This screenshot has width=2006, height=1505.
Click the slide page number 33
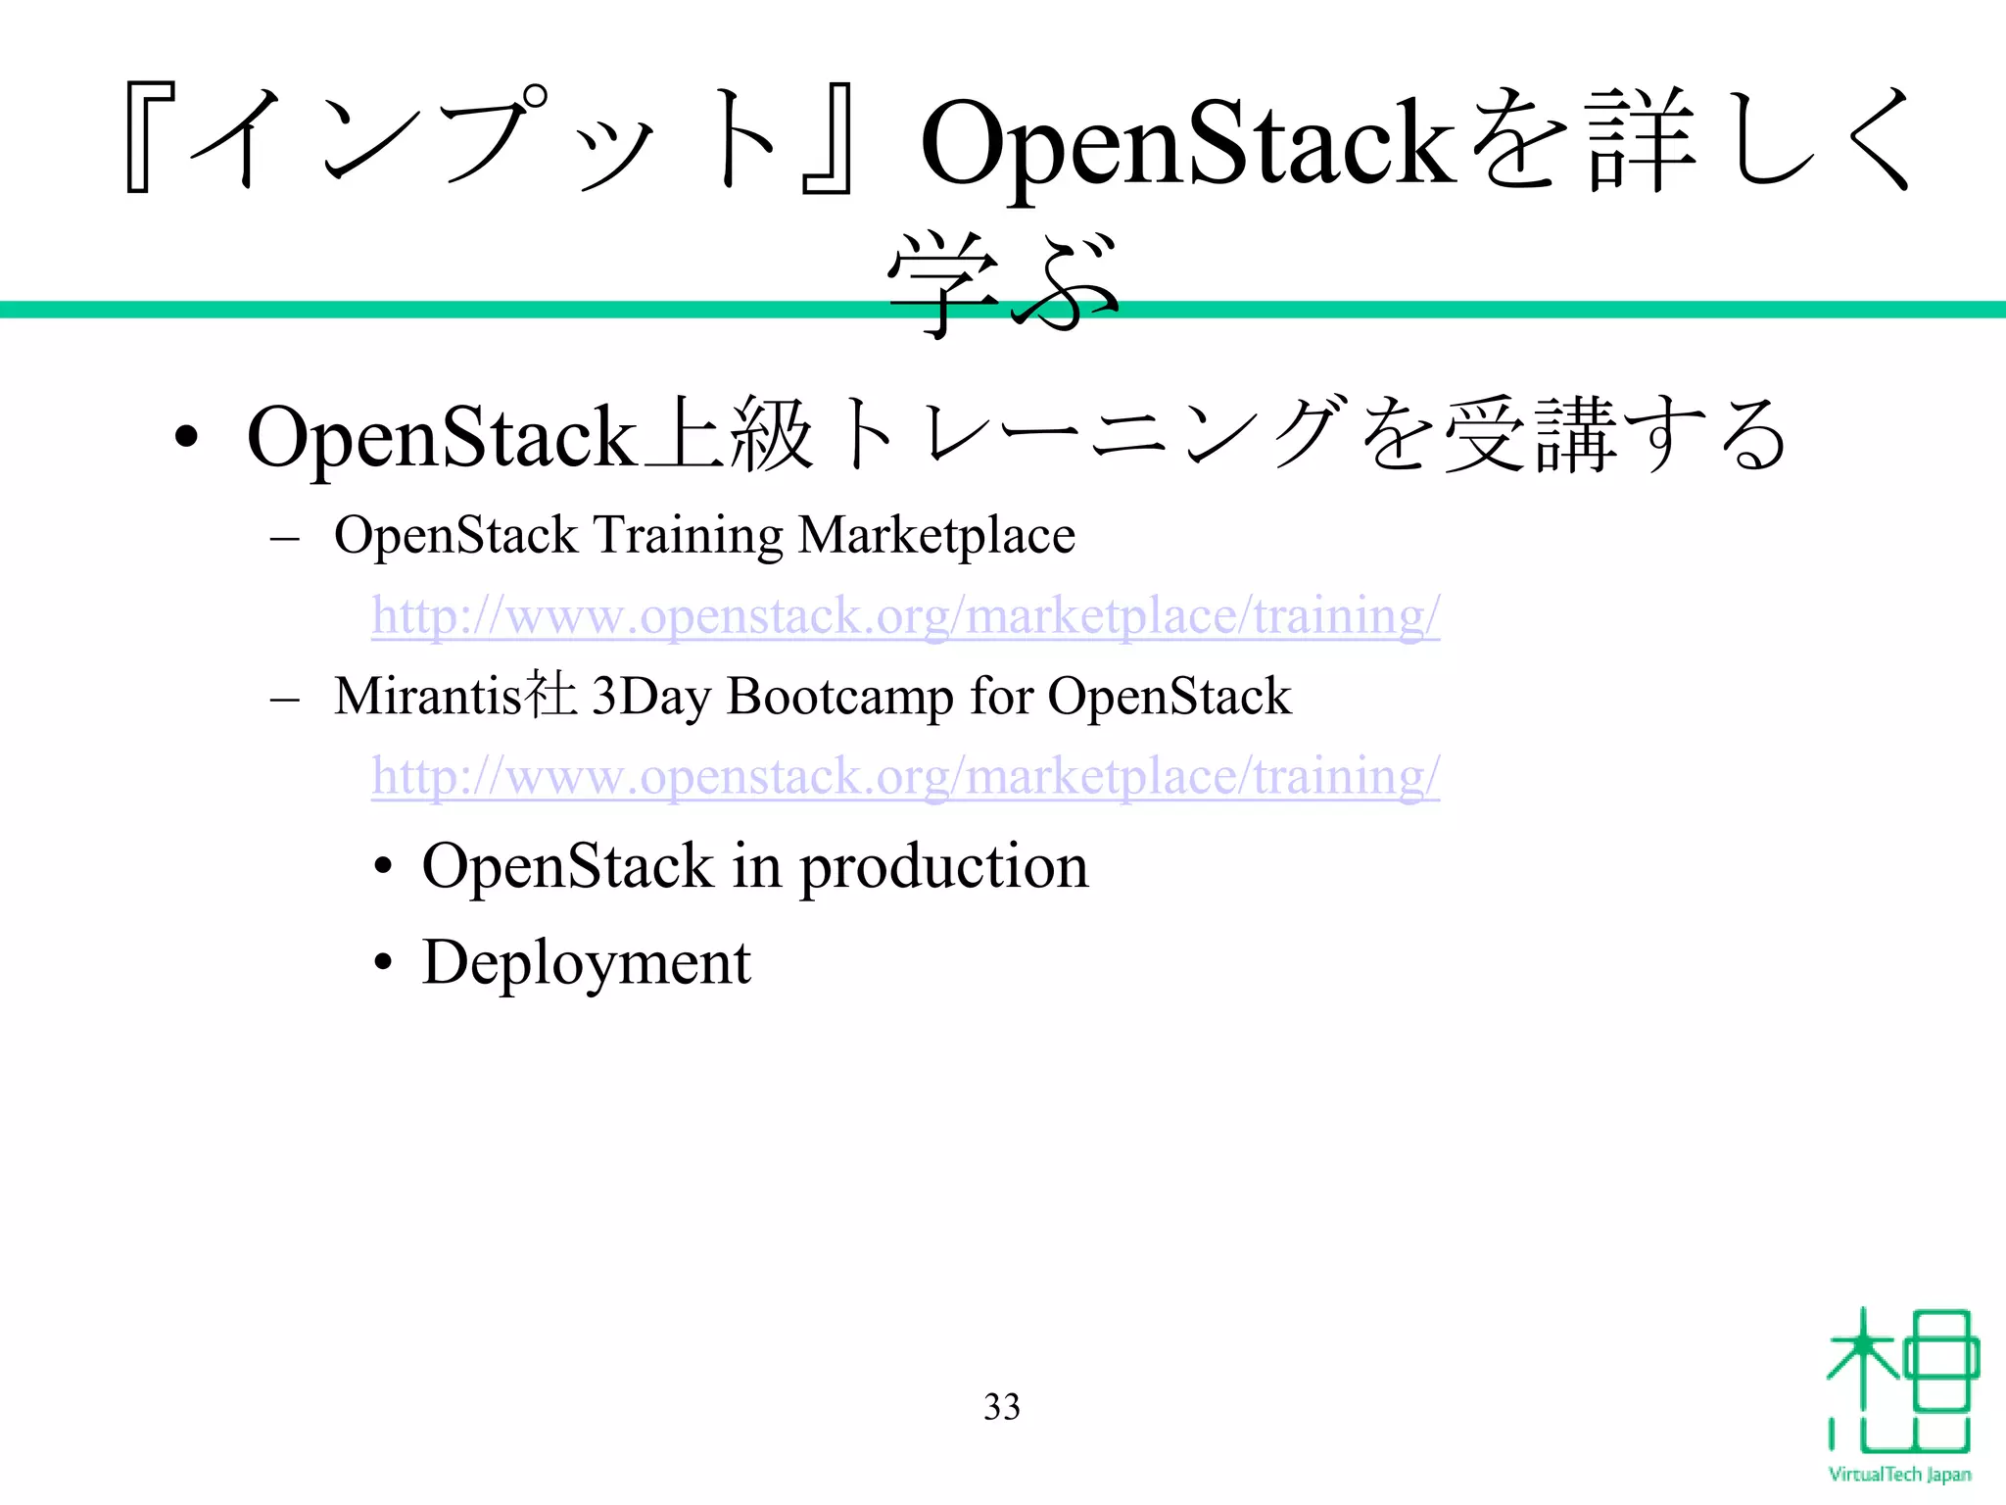pyautogui.click(x=1001, y=1407)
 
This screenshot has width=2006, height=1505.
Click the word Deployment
pyautogui.click(x=586, y=963)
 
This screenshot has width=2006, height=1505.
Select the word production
pyautogui.click(x=944, y=868)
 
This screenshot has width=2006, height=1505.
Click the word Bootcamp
pyautogui.click(x=839, y=698)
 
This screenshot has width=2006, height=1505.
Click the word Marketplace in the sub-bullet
pyautogui.click(x=936, y=537)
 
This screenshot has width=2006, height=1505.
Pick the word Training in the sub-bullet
pyautogui.click(x=689, y=537)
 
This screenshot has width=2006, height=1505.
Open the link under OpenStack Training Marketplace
pyautogui.click(x=905, y=617)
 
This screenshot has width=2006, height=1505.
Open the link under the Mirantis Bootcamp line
pyautogui.click(x=905, y=777)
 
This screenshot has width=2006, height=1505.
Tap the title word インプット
pyautogui.click(x=490, y=137)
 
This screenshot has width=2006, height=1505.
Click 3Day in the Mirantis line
pyautogui.click(x=651, y=697)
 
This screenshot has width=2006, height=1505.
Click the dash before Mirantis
pyautogui.click(x=284, y=700)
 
